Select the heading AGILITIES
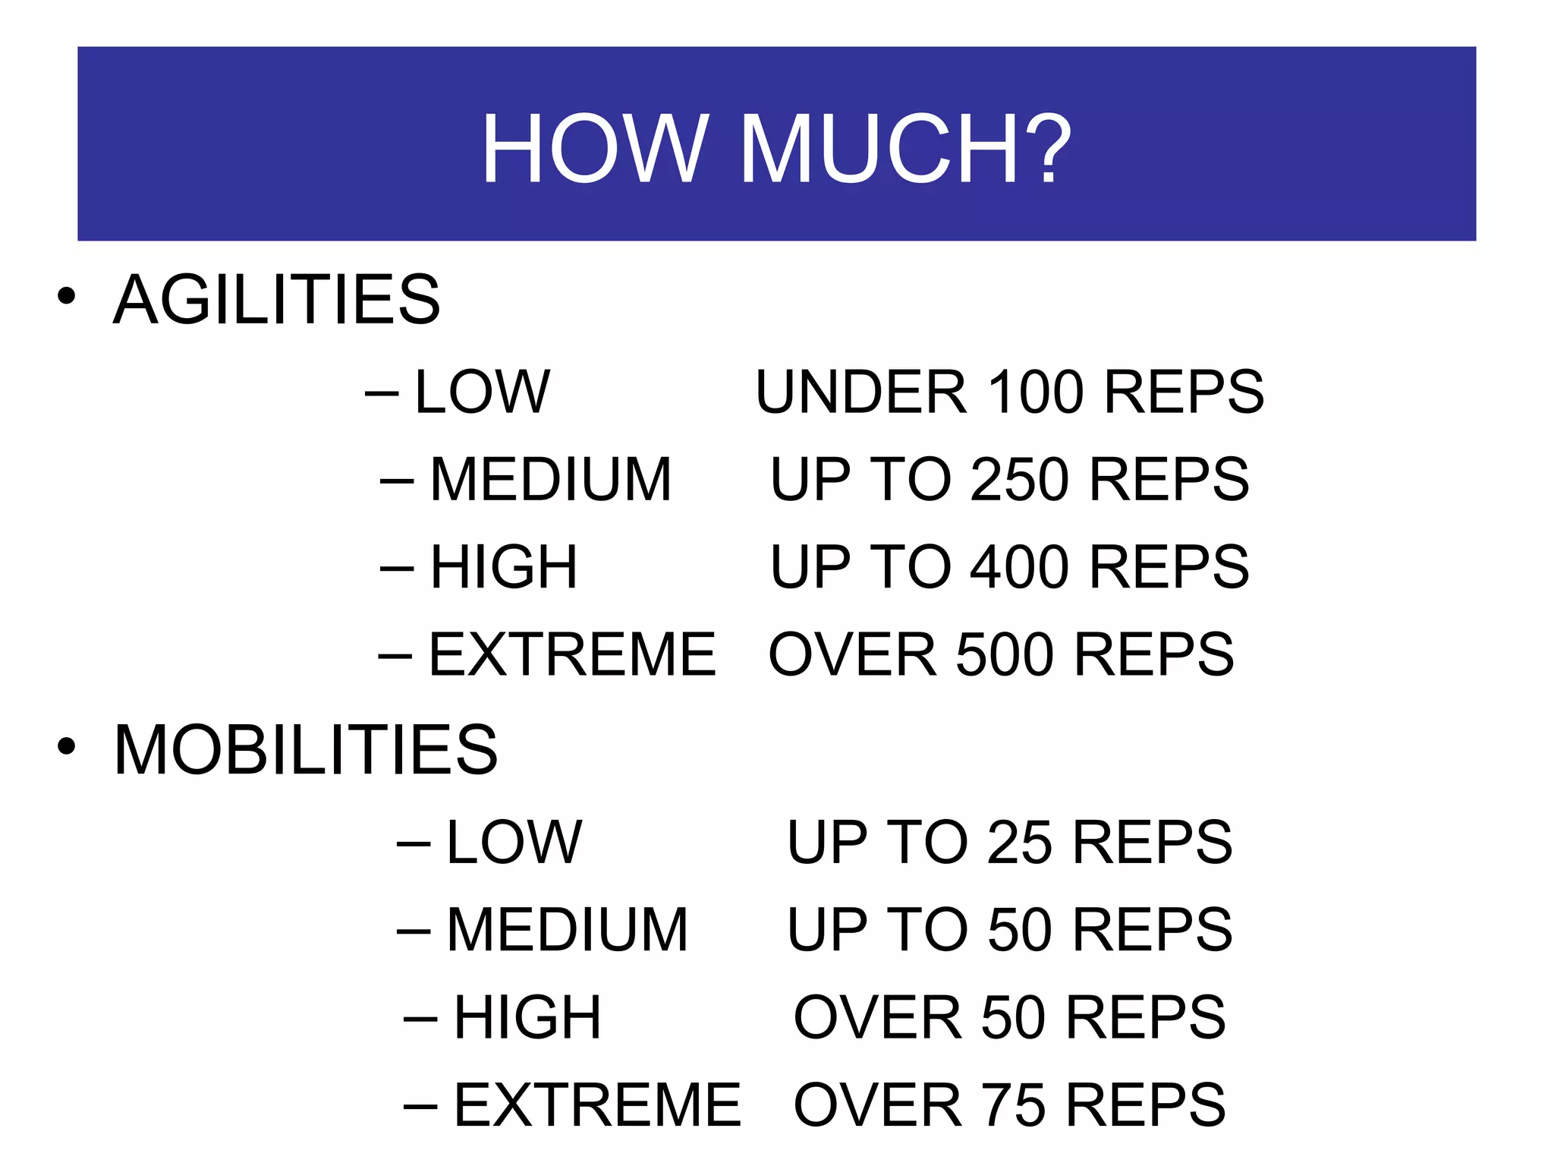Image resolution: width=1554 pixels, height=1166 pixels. pos(277,300)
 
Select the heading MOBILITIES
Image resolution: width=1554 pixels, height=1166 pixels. pos(306,750)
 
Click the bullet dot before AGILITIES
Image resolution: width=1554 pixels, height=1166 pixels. pos(67,296)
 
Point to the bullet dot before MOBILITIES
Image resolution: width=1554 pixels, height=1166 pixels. pos(67,746)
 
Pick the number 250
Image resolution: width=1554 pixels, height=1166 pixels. pos(1021,480)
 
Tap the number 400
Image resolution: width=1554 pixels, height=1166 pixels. pos(1021,567)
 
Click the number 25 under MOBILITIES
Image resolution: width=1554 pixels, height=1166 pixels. pos(1020,842)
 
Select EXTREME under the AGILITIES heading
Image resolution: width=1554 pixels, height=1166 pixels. pos(572,654)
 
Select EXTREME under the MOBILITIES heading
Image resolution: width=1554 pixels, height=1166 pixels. pos(597,1105)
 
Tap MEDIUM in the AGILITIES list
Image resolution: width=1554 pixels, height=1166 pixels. pos(551,480)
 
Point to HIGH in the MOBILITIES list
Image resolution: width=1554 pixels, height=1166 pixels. pos(527,1017)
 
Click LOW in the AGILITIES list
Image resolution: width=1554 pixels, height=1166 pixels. pos(483,392)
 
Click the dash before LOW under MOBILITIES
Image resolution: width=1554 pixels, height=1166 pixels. pos(414,843)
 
